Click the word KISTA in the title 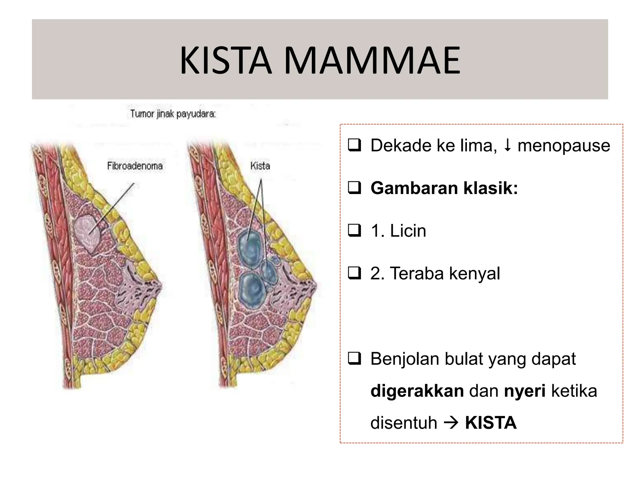pyautogui.click(x=225, y=61)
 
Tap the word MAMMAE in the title pyautogui.click(x=372, y=61)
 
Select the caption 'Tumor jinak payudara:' pyautogui.click(x=173, y=114)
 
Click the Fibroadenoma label pyautogui.click(x=135, y=166)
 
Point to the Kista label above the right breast pyautogui.click(x=260, y=166)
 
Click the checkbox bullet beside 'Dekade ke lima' pyautogui.click(x=354, y=145)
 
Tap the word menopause pyautogui.click(x=563, y=146)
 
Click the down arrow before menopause pyautogui.click(x=507, y=145)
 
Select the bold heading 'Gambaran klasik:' pyautogui.click(x=444, y=188)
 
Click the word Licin pyautogui.click(x=408, y=231)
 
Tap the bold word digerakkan pyautogui.click(x=417, y=391)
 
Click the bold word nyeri pyautogui.click(x=525, y=391)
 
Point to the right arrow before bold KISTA pyautogui.click(x=451, y=423)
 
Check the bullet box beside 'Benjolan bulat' pyautogui.click(x=354, y=359)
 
